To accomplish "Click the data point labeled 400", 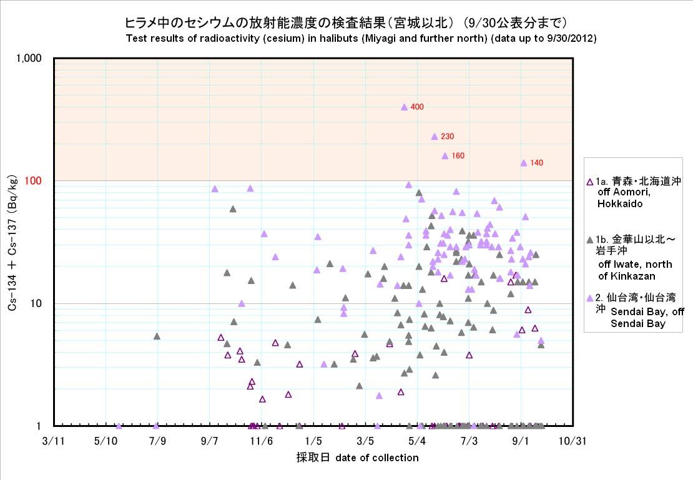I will pos(404,107).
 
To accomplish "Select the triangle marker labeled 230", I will pos(435,136).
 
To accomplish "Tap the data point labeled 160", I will pos(445,155).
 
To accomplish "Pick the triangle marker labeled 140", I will pos(524,163).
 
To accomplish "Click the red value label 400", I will pos(417,107).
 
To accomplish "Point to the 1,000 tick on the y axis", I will pos(29,58).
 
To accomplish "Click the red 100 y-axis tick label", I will pos(32,181).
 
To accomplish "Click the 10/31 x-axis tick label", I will pos(572,441).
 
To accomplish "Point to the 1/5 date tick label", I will pos(313,441).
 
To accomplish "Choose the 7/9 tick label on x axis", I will pos(157,441).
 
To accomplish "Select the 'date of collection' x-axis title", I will pos(377,458).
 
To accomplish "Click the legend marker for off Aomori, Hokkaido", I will pos(591,182).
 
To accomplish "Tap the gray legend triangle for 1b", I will pos(591,239).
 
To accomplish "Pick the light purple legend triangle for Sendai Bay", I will pos(591,298).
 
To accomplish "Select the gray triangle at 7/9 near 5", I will pos(157,336).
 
